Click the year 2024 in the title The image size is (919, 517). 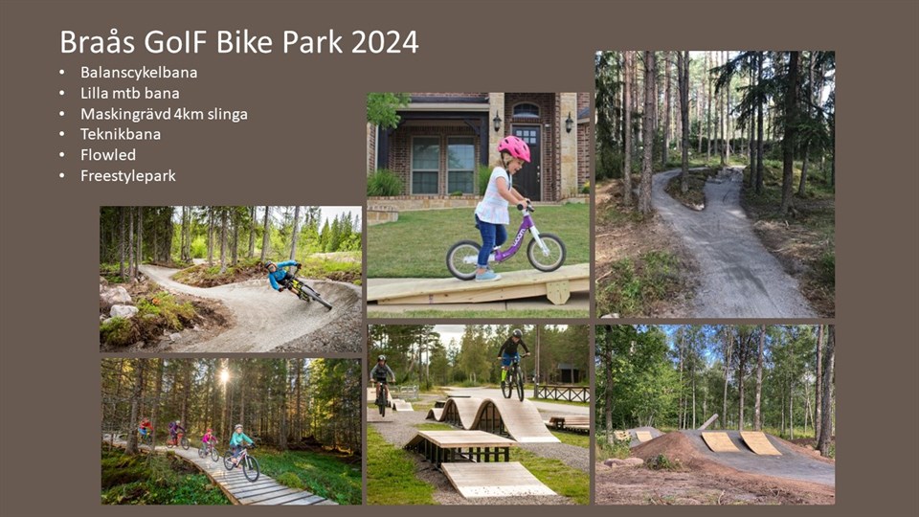pyautogui.click(x=385, y=41)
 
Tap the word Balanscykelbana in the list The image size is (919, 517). pyautogui.click(x=139, y=73)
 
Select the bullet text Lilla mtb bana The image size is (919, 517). pyautogui.click(x=129, y=93)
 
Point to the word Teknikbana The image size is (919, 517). pyautogui.click(x=121, y=134)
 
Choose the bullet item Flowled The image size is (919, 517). pyautogui.click(x=108, y=155)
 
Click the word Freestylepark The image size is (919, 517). pyautogui.click(x=127, y=176)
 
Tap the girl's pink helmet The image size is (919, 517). pyautogui.click(x=514, y=147)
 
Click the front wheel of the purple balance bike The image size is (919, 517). pyautogui.click(x=547, y=252)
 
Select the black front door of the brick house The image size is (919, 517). pyautogui.click(x=527, y=162)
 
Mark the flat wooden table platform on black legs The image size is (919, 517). pyautogui.click(x=460, y=447)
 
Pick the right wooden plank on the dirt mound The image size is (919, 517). pyautogui.click(x=760, y=442)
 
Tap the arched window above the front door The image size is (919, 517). pyautogui.click(x=526, y=109)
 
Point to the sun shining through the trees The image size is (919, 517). pyautogui.click(x=223, y=375)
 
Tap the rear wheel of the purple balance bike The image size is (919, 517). pyautogui.click(x=464, y=259)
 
